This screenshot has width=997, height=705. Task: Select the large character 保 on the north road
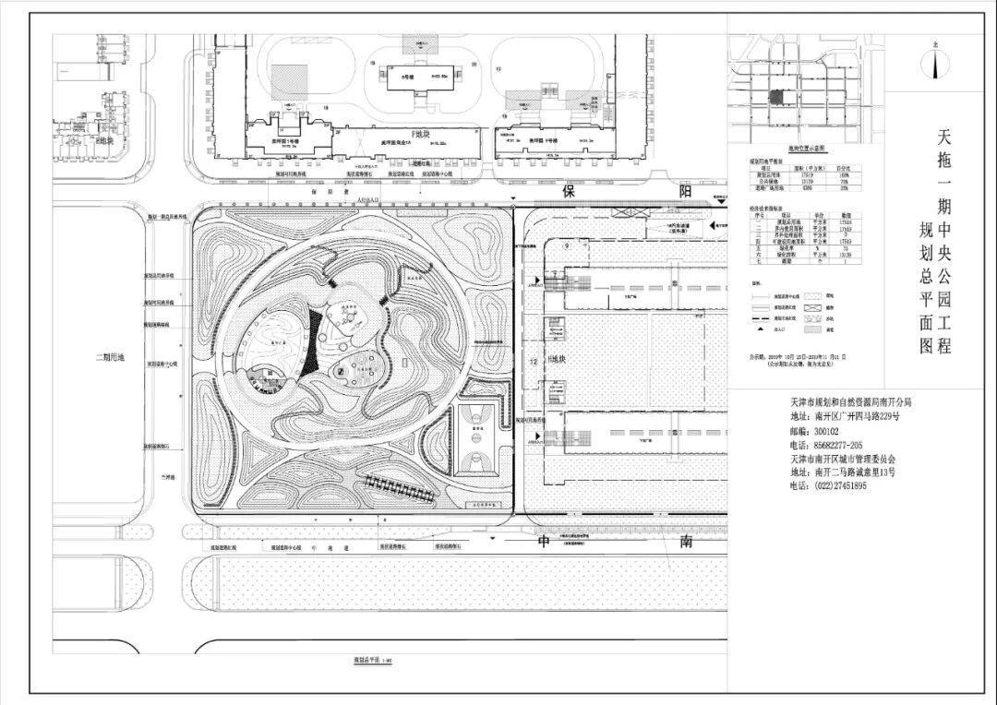(570, 192)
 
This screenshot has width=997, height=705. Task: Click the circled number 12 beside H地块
(534, 359)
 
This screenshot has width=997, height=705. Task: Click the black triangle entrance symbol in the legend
(758, 328)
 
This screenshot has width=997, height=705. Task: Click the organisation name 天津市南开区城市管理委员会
(843, 459)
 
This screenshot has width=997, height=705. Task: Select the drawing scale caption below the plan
(366, 660)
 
